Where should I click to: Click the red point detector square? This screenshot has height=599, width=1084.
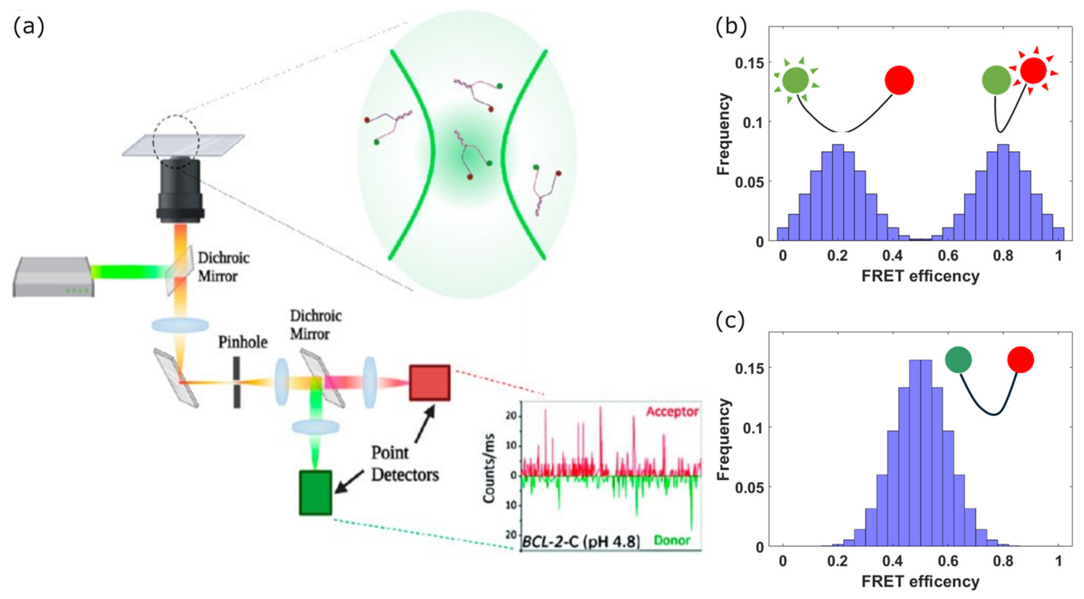tap(430, 382)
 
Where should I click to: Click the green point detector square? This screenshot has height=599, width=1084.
tap(315, 492)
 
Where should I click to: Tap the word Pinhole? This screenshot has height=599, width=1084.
tap(243, 342)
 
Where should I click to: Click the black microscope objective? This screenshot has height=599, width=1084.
tap(181, 189)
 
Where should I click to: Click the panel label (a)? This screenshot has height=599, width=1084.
tap(29, 28)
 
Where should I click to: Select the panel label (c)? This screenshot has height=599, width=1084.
tap(730, 321)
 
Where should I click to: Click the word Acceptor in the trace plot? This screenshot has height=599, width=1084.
tap(672, 411)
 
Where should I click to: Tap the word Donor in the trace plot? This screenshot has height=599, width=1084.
tap(672, 540)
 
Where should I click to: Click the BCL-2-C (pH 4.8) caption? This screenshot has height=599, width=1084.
tap(581, 542)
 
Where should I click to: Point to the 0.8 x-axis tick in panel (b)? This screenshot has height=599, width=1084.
tap(1003, 256)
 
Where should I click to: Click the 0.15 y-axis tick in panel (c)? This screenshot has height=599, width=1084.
tap(749, 368)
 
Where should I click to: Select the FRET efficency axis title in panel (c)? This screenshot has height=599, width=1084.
tap(920, 581)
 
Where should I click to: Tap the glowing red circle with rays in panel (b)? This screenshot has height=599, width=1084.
tap(1033, 71)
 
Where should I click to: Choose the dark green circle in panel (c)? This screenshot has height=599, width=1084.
tap(958, 360)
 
